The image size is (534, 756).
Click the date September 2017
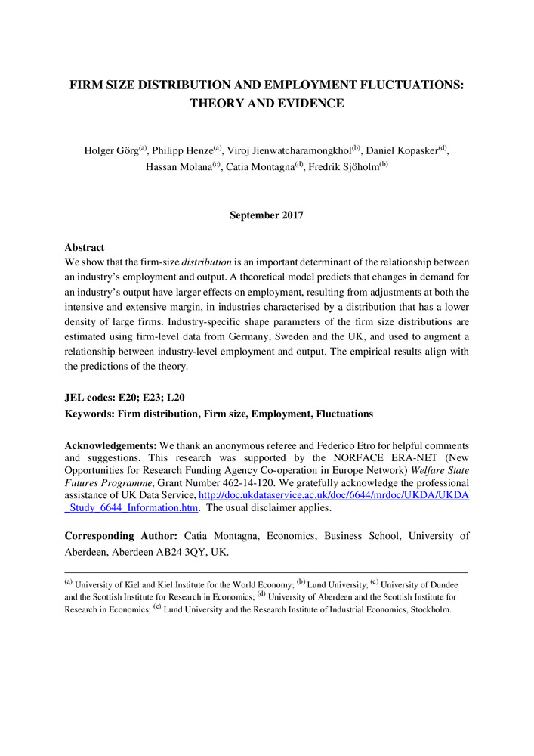(x=266, y=215)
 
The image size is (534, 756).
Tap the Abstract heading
(x=84, y=247)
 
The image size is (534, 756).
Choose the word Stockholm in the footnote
(x=430, y=609)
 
